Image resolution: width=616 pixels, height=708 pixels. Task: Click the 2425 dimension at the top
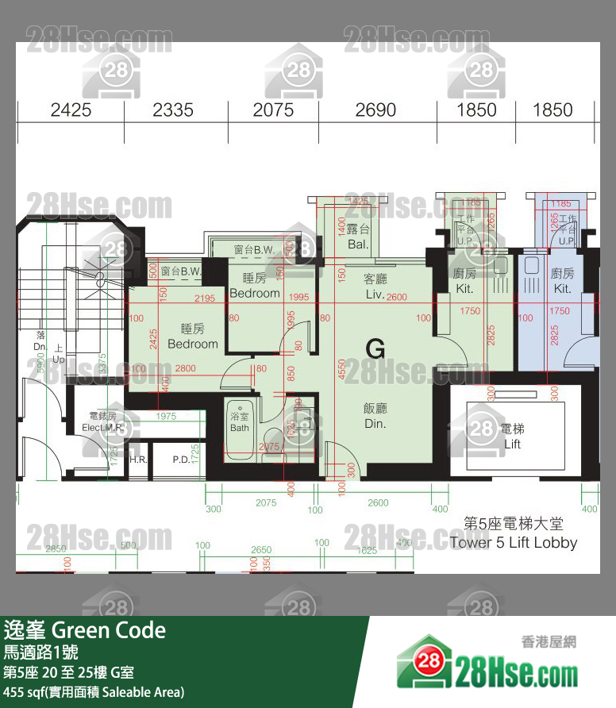coord(71,110)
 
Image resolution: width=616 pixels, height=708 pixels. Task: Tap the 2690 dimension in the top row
coord(375,110)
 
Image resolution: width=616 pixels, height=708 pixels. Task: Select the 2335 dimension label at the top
coord(173,110)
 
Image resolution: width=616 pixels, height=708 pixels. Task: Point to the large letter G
coord(375,348)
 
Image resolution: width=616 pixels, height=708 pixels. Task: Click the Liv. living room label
coord(375,294)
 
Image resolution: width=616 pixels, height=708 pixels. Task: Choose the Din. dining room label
coord(375,424)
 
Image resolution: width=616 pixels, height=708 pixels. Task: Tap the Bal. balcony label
coord(358,244)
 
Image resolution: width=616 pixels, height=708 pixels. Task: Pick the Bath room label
coord(239,428)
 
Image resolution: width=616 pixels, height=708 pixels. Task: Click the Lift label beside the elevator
coord(512,444)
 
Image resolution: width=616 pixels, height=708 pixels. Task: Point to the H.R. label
coord(137,460)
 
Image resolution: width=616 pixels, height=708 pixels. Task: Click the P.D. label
coord(180,460)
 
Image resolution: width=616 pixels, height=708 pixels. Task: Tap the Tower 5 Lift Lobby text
coord(513,543)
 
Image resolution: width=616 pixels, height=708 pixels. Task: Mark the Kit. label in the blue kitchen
coord(562,289)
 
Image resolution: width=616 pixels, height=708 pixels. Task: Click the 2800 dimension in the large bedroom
coord(185,368)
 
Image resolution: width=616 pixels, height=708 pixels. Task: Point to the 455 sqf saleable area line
coord(94,691)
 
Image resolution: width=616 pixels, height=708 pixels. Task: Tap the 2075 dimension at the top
coord(273,110)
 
